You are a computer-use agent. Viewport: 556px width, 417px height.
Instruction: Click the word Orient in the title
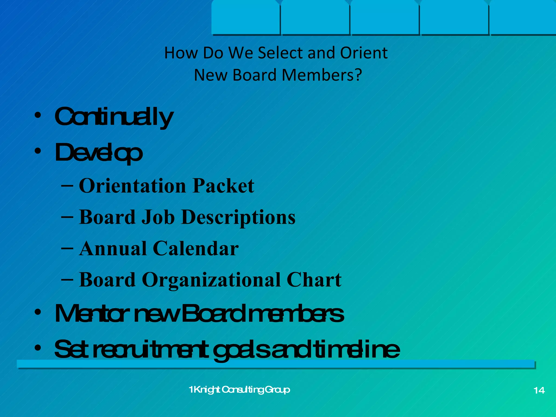[x=364, y=53]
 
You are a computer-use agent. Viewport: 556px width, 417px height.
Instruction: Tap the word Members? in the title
[x=322, y=75]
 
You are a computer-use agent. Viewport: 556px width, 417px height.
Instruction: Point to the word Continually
[x=114, y=117]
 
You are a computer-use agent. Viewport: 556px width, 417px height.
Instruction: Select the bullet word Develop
[x=99, y=153]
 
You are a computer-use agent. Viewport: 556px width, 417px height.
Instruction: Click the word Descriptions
[x=238, y=217]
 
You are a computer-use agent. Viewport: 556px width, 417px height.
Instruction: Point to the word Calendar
[x=196, y=248]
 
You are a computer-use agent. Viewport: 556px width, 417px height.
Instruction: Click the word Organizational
[x=211, y=280]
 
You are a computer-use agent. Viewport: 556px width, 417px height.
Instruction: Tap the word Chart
[x=314, y=280]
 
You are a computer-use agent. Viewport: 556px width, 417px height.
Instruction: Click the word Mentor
[x=91, y=314]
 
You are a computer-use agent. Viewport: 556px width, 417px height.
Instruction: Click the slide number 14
[x=539, y=390]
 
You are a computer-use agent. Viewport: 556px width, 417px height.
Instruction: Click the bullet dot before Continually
[x=38, y=115]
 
